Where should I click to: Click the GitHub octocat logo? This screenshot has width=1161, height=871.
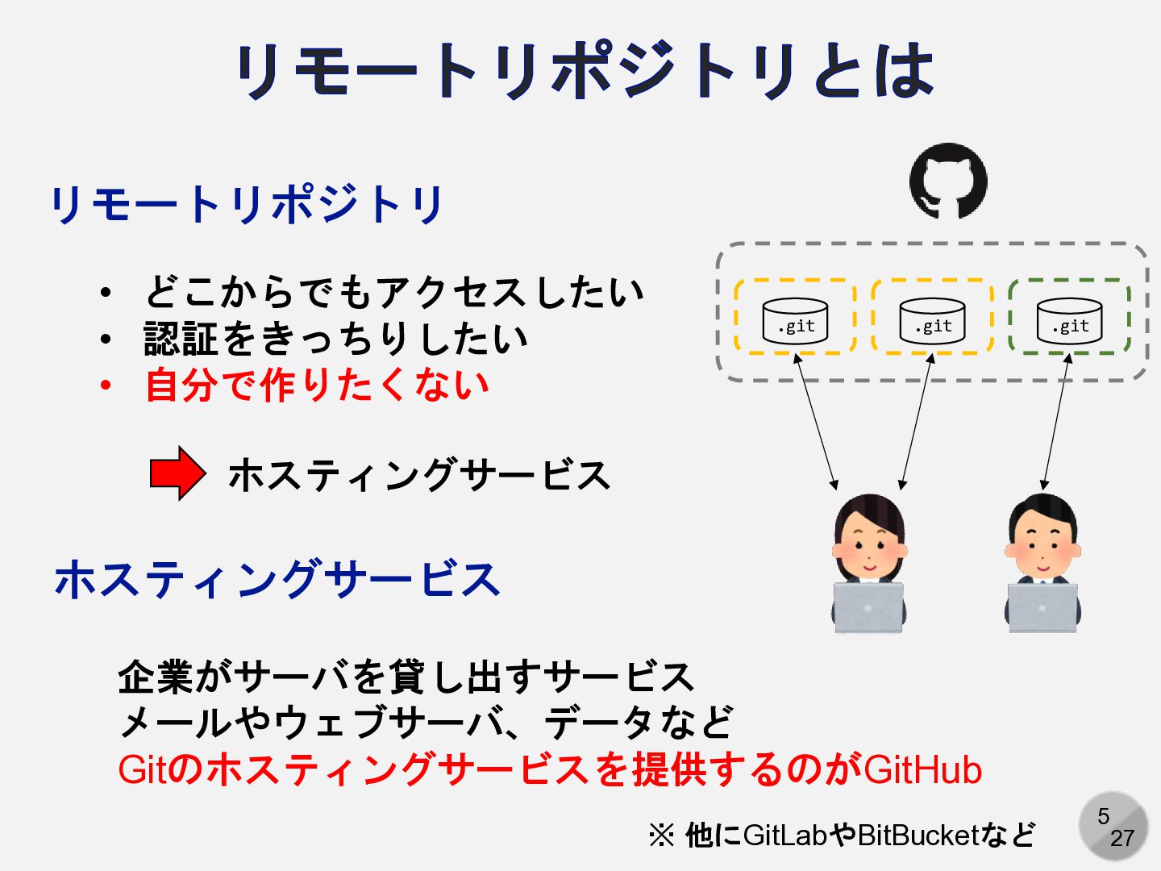[x=948, y=181]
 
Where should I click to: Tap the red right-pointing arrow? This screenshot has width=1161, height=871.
[x=177, y=473]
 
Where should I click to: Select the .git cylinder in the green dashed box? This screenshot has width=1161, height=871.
[x=1069, y=321]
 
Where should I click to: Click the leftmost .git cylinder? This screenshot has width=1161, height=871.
[x=795, y=321]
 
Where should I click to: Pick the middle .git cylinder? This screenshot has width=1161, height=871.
[x=932, y=321]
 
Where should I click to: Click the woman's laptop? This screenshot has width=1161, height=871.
[x=868, y=606]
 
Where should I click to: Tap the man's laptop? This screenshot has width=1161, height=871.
[x=1042, y=606]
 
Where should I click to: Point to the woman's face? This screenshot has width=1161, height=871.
[x=869, y=548]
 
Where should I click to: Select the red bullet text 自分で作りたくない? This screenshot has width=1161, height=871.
[x=317, y=385]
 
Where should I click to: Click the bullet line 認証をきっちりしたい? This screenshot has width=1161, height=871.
[x=335, y=339]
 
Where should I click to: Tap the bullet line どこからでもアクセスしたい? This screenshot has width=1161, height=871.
[x=394, y=292]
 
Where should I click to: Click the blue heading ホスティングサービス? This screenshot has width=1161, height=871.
[x=277, y=579]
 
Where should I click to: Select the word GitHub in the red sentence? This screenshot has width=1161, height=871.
[x=922, y=769]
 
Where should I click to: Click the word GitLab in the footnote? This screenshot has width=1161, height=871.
[x=784, y=836]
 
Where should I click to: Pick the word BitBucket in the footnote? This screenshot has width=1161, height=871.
[x=918, y=836]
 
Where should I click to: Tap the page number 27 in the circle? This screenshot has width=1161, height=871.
[x=1122, y=839]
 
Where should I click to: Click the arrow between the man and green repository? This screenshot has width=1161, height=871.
[x=1056, y=422]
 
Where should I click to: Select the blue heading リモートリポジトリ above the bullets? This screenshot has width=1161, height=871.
[x=247, y=204]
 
